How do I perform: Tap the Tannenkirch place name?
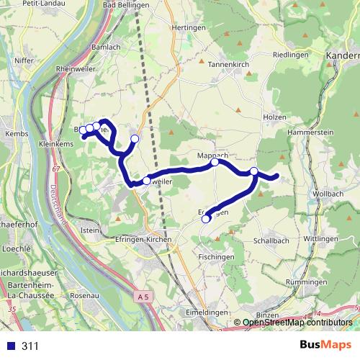click(x=229, y=63)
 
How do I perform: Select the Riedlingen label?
click(x=291, y=55)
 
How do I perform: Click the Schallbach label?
click(x=271, y=241)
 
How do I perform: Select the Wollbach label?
click(x=328, y=195)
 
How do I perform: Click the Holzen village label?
click(x=271, y=116)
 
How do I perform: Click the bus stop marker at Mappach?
click(x=215, y=163)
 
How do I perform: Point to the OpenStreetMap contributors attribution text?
click(x=297, y=323)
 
